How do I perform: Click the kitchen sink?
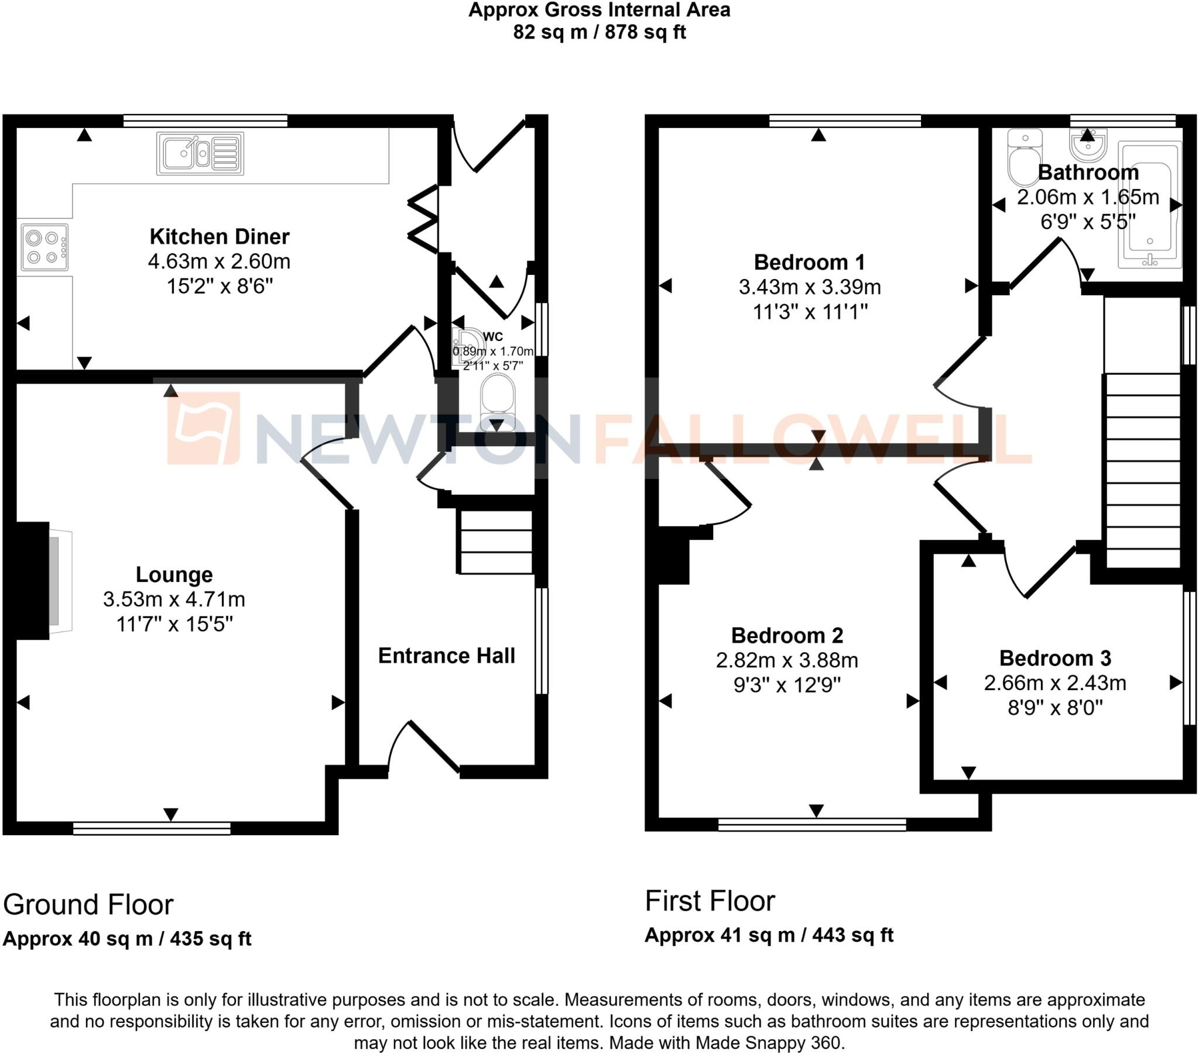[200, 154]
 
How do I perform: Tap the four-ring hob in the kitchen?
[44, 247]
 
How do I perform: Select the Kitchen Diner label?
[220, 237]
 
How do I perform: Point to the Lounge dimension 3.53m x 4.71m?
[174, 599]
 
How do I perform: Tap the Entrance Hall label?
[446, 656]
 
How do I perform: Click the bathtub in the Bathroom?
[1149, 205]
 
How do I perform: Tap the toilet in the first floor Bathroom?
[1024, 157]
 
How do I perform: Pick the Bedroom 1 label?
[809, 262]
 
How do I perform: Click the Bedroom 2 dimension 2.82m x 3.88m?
[787, 661]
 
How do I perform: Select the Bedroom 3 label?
[1055, 658]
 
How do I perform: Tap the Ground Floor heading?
[88, 904]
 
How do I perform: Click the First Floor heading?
[710, 901]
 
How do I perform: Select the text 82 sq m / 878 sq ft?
[599, 32]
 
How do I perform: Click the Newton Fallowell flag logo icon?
[204, 427]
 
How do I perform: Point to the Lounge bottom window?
[152, 828]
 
